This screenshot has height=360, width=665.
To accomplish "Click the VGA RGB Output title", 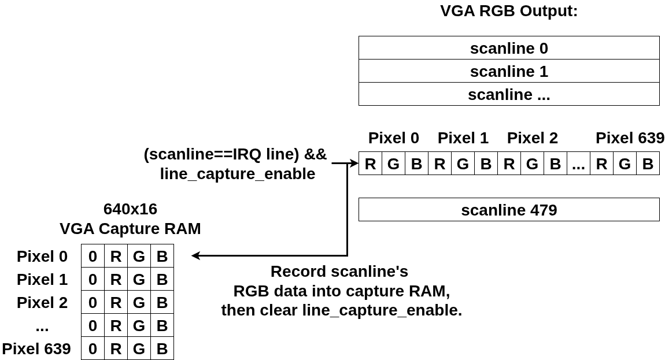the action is click(x=509, y=10).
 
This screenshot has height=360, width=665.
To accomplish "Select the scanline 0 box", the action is click(x=509, y=48).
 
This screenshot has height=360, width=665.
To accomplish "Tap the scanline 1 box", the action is click(x=509, y=71).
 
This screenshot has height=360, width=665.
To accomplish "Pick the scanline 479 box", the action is click(x=509, y=209).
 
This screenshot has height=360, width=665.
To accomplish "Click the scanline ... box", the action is click(x=509, y=94).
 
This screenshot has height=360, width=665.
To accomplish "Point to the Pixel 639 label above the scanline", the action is click(x=630, y=138).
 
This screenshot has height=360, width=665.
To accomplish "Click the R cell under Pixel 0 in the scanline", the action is click(x=370, y=164).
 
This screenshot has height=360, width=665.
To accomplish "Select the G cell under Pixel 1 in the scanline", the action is click(x=463, y=164).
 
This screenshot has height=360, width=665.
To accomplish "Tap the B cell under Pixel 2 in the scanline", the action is click(x=555, y=164).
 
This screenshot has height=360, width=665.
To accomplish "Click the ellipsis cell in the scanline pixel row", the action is click(x=578, y=164).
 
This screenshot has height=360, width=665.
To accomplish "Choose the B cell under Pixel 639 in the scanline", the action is click(x=648, y=164).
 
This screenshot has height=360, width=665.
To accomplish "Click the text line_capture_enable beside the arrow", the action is click(x=238, y=174).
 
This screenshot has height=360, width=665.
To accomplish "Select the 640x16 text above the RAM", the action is click(x=130, y=209).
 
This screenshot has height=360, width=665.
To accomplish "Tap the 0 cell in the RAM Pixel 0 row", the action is click(x=93, y=255).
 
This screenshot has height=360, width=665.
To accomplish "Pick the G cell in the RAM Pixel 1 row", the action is click(x=139, y=279).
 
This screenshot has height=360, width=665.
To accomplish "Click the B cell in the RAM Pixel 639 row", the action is click(x=162, y=348).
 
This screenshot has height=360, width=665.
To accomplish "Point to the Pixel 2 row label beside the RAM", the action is click(x=42, y=302).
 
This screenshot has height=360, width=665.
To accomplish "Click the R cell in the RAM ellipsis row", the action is click(x=116, y=325).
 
